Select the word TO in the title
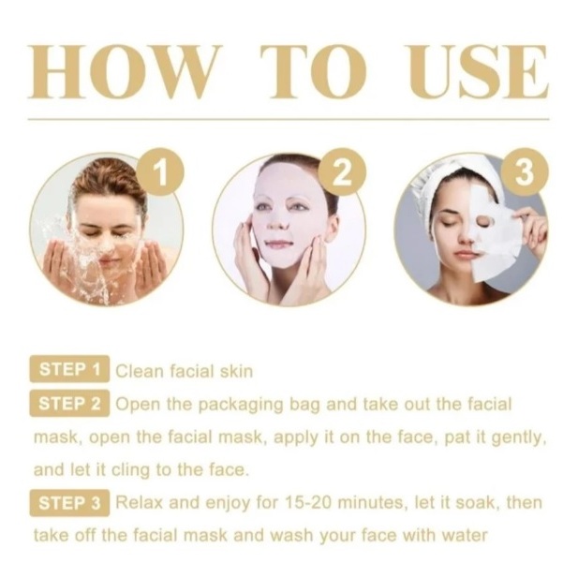tap(313, 71)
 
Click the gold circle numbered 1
tap(160, 171)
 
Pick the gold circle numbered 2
tap(342, 171)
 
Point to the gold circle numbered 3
tap(525, 171)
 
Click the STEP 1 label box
tap(69, 369)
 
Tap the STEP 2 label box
tap(69, 403)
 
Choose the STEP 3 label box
tap(69, 503)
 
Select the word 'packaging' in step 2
tap(241, 405)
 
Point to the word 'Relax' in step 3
tap(140, 502)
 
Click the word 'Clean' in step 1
tap(140, 371)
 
